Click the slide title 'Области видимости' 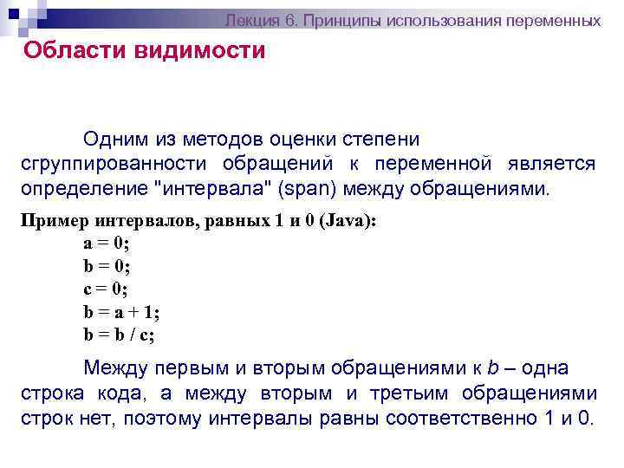pyautogui.click(x=145, y=50)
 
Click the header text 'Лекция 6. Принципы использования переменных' pyautogui.click(x=413, y=19)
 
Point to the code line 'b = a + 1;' pyautogui.click(x=121, y=311)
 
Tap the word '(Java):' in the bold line pyautogui.click(x=348, y=221)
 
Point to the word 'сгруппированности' pyautogui.click(x=113, y=164)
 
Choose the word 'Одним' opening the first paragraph pyautogui.click(x=112, y=139)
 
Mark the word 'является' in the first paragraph pyautogui.click(x=553, y=164)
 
